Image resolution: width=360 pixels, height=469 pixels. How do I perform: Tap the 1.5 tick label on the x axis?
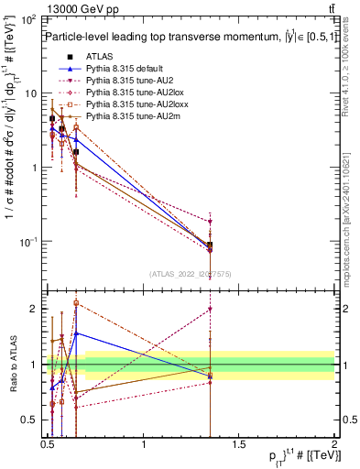point(239,446)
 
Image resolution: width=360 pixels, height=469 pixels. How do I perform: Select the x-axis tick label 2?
point(334,446)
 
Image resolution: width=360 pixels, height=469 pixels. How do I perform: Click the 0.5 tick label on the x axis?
point(48,446)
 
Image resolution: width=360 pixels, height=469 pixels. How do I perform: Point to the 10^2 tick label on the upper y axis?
point(28,19)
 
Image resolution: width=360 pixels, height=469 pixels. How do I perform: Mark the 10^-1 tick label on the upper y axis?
point(28,242)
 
